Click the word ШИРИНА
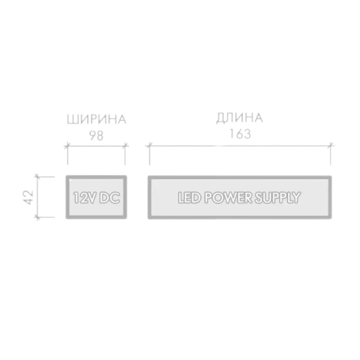(x=96, y=120)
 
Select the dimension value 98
(x=96, y=135)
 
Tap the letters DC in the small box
(x=109, y=198)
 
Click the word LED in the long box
(x=189, y=198)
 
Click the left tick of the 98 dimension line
(x=67, y=145)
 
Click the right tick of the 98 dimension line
(x=125, y=145)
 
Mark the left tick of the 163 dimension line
(x=150, y=145)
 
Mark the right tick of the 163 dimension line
(x=331, y=145)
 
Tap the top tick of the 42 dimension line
(x=39, y=177)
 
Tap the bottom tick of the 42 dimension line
(x=39, y=217)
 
